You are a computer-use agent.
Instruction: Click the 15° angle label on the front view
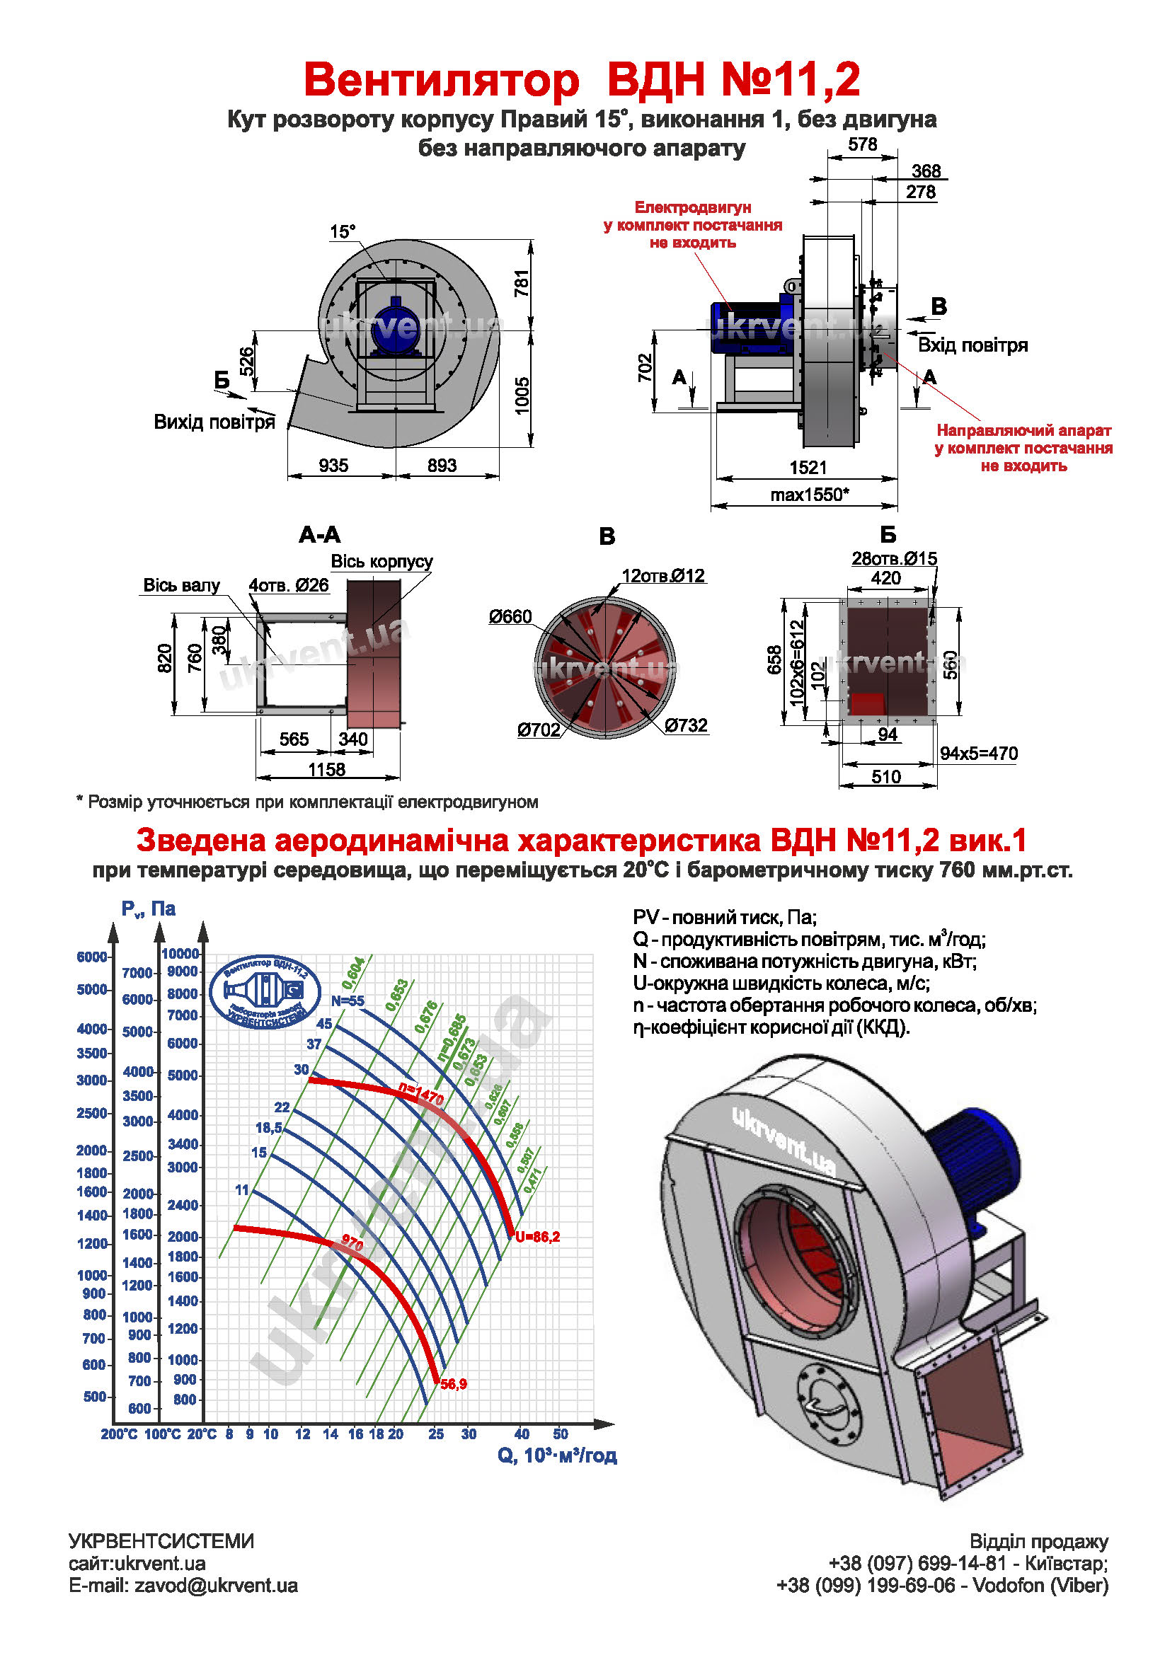pos(343,232)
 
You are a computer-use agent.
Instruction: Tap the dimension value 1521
pos(808,468)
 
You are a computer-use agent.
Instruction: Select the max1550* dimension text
pos(809,495)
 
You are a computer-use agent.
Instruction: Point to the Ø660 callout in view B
pos(510,617)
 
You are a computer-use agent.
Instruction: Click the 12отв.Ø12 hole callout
pos(662,576)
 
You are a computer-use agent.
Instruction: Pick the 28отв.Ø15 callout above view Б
pos(894,559)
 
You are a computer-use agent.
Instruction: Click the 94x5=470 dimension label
pos(978,754)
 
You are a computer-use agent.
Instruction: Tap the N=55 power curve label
pos(348,1001)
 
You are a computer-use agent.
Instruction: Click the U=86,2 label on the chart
pos(537,1237)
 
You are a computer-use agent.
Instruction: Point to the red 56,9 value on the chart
pos(454,1384)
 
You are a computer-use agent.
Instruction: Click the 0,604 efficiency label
pos(353,973)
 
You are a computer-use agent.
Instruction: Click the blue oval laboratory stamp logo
pos(265,992)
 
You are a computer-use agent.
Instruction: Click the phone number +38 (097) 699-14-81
pos(917,1564)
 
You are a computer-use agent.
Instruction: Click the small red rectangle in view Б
pos(867,703)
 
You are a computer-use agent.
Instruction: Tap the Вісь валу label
pos(181,585)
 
